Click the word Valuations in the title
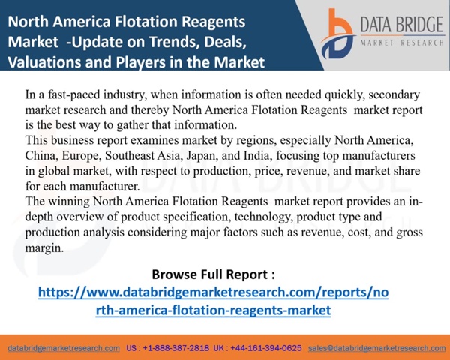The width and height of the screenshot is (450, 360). pos(44,62)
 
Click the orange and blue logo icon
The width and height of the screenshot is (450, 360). pos(338,34)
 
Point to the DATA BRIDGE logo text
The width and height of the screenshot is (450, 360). pos(402,25)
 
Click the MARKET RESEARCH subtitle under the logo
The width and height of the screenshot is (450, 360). pos(402,43)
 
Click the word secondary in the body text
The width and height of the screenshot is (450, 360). pos(394,94)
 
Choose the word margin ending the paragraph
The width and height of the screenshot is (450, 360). pos(44,248)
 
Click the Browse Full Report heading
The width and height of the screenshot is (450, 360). pos(213,274)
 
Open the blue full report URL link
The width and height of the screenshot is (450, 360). pos(213,301)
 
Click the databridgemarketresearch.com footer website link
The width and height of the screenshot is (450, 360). pos(64,348)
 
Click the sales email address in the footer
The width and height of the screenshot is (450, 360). pos(376,348)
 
